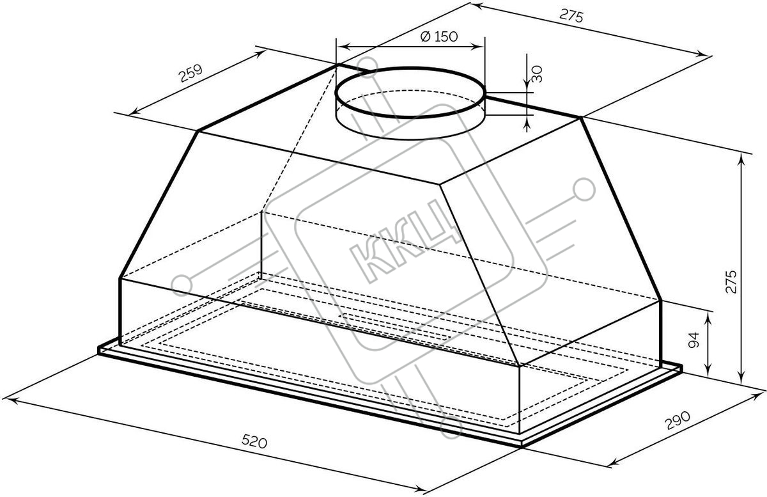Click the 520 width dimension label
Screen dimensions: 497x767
pyautogui.click(x=254, y=441)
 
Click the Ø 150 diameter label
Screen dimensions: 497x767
pyautogui.click(x=439, y=36)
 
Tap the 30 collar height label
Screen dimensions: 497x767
pyautogui.click(x=538, y=74)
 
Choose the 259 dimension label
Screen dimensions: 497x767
pyautogui.click(x=190, y=73)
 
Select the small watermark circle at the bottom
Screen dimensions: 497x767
pyautogui.click(x=452, y=430)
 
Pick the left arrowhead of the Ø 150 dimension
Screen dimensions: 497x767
pyautogui.click(x=340, y=46)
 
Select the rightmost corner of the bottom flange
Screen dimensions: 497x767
pyautogui.click(x=681, y=368)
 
